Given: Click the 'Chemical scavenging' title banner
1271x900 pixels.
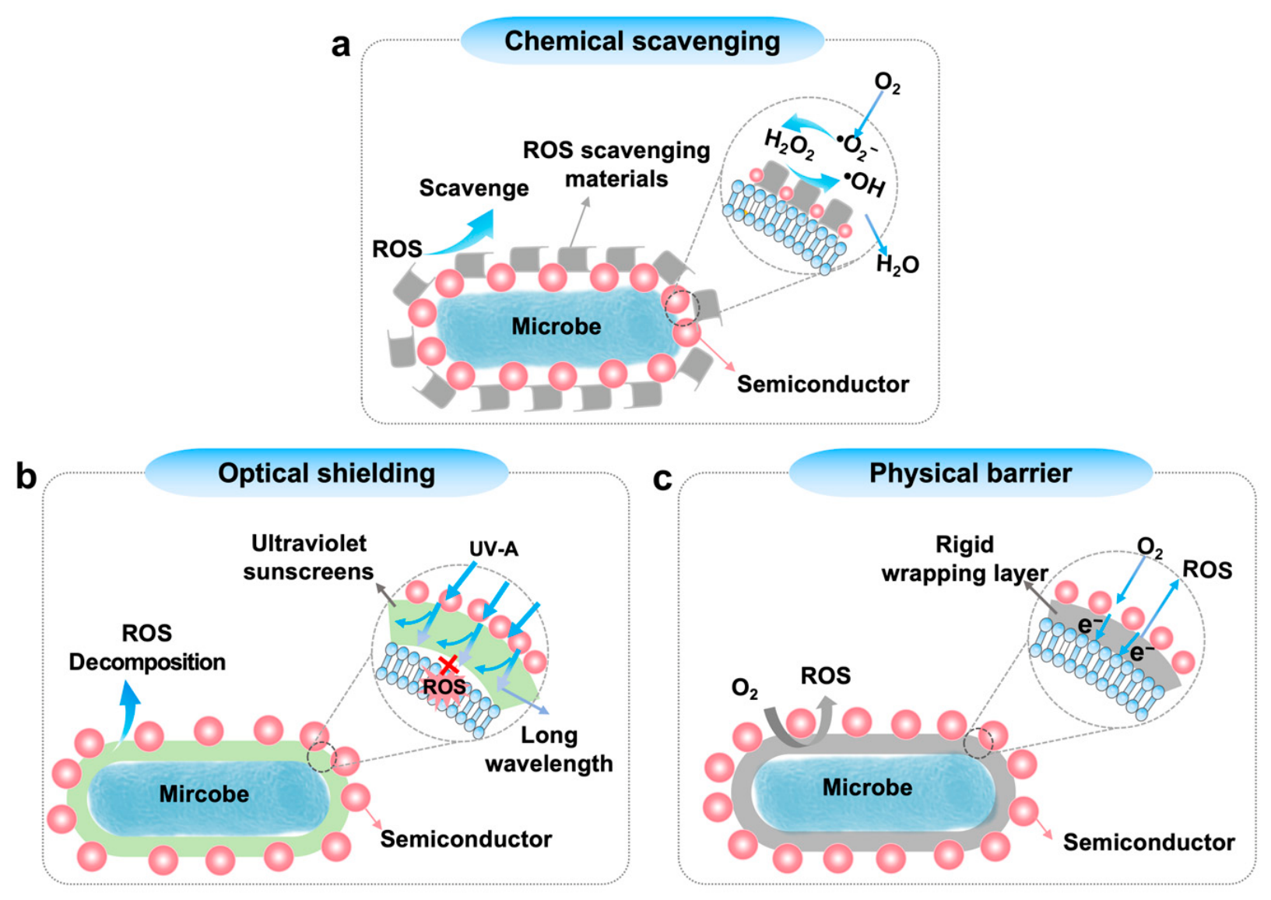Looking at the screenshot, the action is click(642, 40).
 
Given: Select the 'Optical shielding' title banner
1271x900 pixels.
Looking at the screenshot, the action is click(326, 473).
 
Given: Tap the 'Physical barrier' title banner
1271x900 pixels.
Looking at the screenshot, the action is click(971, 473).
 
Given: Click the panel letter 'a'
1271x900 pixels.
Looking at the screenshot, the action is click(340, 45).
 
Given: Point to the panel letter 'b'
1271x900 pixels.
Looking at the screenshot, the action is click(26, 476).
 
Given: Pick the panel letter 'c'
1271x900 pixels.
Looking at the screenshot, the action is click(662, 479).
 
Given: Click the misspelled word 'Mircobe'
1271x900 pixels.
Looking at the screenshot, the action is click(204, 794).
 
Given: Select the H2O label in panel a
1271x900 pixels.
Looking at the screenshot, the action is click(897, 265).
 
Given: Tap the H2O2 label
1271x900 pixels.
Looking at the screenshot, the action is click(789, 145).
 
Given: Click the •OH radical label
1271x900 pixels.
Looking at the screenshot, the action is click(864, 184).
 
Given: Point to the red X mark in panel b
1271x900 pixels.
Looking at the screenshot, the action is click(449, 665).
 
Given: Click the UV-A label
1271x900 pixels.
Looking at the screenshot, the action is click(493, 549).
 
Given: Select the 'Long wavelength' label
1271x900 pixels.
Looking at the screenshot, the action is click(549, 749).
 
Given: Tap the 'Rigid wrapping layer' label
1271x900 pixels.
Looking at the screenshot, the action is click(964, 559).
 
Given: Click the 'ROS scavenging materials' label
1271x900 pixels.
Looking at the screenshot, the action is click(616, 164).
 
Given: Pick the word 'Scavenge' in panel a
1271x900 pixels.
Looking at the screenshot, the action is click(474, 188).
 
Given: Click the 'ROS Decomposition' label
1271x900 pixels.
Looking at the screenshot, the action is click(147, 648).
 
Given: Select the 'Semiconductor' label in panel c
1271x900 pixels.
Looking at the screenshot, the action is click(1149, 842).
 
